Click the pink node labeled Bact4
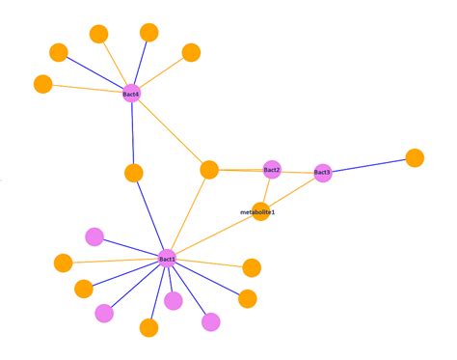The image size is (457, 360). tap(132, 94)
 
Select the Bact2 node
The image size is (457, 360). tap(272, 170)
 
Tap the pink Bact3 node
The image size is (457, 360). tap(322, 173)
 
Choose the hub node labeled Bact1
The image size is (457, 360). tap(168, 259)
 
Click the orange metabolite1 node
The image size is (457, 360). tap(260, 210)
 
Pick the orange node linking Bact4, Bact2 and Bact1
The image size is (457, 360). tap(209, 170)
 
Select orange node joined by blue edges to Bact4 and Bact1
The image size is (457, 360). tap(134, 173)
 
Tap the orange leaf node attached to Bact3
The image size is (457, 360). tap(415, 157)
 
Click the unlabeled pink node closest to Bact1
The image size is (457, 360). tap(174, 300)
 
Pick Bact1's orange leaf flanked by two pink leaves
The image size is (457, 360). tap(148, 327)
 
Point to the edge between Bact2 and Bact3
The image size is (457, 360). tap(297, 172)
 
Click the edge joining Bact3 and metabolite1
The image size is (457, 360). tap(291, 191)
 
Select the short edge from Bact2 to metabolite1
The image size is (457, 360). tap(266, 190)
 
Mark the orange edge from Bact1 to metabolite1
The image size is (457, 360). tap(214, 235)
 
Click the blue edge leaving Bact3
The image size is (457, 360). tap(368, 165)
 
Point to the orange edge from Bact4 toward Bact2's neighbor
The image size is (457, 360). tap(171, 131)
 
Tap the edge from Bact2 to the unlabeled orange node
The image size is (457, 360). tap(241, 170)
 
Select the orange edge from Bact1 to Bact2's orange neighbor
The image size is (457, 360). tap(189, 214)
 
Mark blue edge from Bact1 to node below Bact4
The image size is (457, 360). tap(150, 215)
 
